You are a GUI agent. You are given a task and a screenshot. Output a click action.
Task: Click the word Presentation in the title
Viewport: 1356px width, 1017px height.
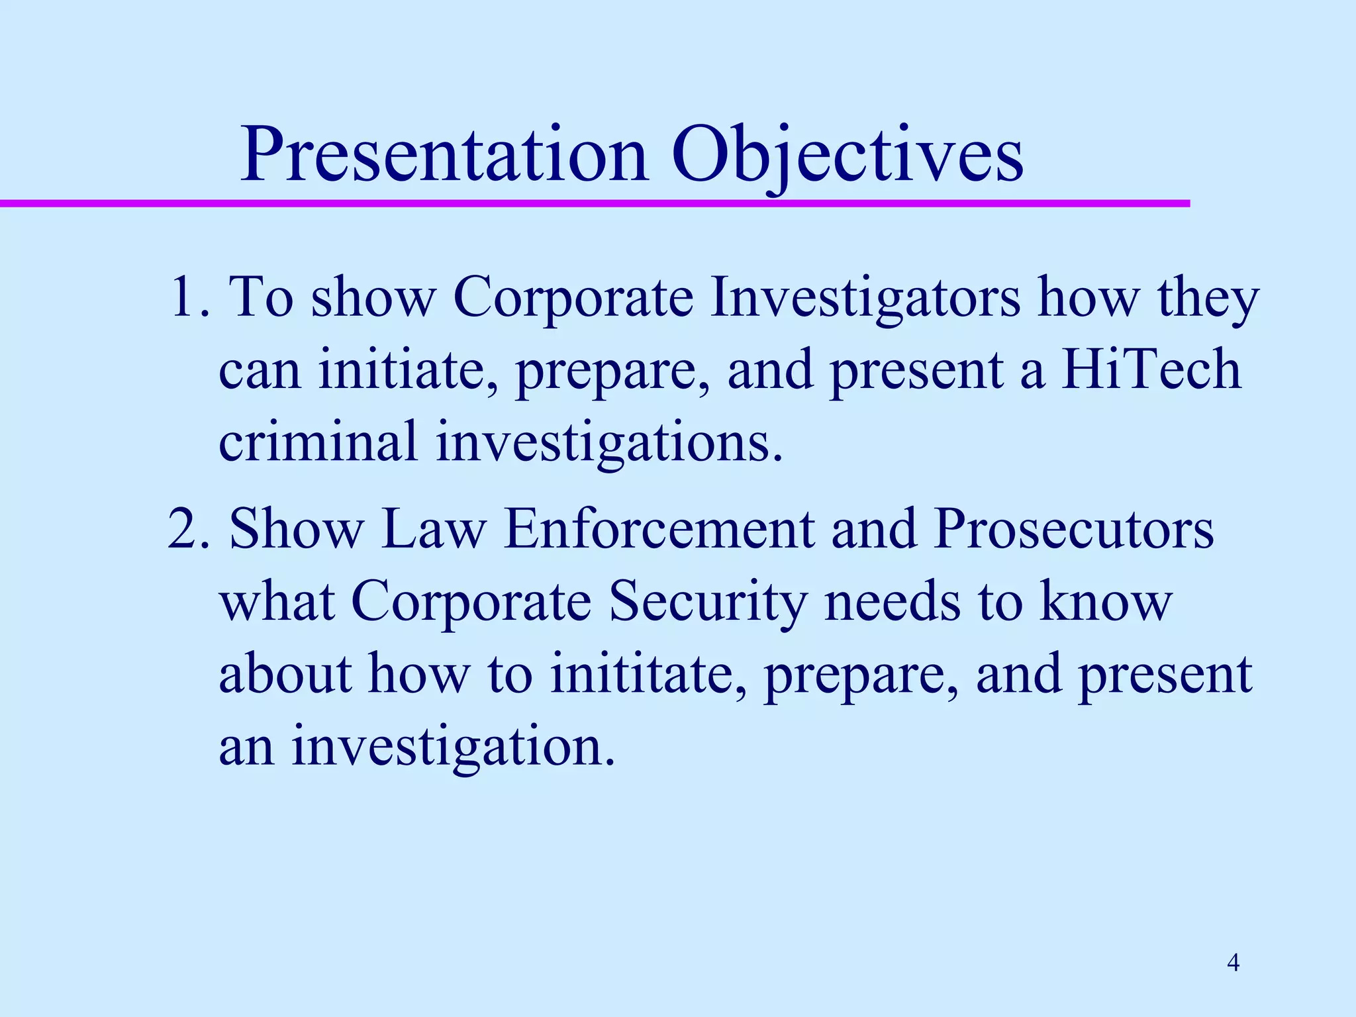tap(444, 156)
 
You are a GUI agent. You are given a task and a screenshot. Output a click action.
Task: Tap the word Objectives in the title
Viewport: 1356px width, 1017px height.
tap(847, 156)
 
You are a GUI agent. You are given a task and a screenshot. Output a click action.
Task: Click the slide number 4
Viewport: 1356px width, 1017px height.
tap(1233, 962)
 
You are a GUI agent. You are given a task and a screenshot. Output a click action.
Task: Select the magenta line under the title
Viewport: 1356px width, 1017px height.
tap(596, 203)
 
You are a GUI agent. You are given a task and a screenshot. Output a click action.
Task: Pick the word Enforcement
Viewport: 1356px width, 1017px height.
tap(659, 530)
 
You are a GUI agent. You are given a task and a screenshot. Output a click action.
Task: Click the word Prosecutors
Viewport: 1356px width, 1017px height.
tap(1073, 530)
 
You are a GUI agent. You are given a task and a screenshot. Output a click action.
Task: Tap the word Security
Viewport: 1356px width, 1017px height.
tap(708, 603)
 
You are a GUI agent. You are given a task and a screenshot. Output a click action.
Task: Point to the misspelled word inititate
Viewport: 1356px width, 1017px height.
tap(649, 674)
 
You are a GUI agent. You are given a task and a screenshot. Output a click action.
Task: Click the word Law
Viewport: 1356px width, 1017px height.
tap(434, 530)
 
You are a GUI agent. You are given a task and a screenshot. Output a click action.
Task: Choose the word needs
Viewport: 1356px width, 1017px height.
tap(892, 603)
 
